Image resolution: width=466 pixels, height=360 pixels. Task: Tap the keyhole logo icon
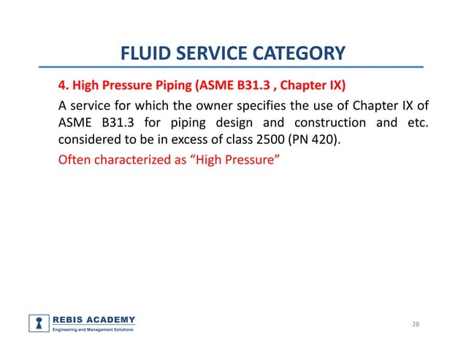coord(39,323)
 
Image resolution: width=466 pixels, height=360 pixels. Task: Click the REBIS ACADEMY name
coord(93,319)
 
